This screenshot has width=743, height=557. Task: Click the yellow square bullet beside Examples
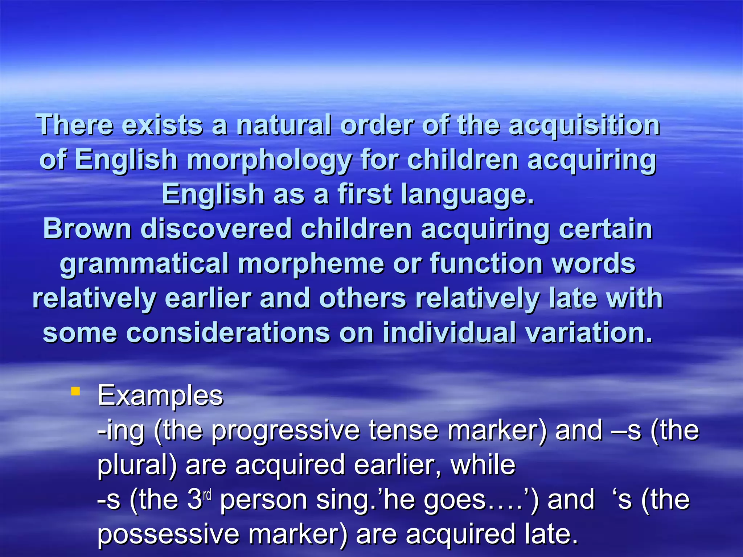[x=75, y=391]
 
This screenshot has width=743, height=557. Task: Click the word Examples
[x=160, y=396]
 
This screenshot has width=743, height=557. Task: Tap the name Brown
[x=87, y=229]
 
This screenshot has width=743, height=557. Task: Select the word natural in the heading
[x=284, y=125]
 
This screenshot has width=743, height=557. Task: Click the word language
[x=467, y=195]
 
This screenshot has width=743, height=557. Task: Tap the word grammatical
[x=144, y=264]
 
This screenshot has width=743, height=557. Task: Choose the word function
[x=486, y=263]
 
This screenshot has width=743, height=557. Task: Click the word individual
[x=449, y=333]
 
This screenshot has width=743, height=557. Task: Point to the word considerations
[x=228, y=333]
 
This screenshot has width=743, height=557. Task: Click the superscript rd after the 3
[x=207, y=494]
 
